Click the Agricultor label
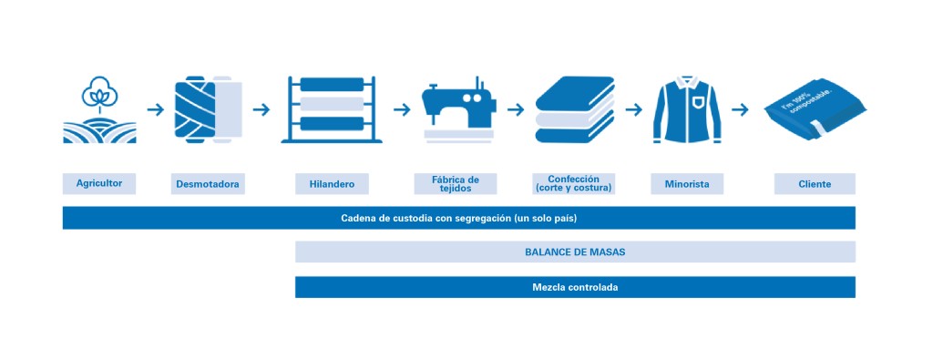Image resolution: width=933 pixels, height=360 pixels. point(99,182)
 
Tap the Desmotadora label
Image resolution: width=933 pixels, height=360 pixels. point(209,184)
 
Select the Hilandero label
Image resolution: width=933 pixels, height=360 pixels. point(332,184)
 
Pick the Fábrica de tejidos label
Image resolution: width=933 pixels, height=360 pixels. point(456,183)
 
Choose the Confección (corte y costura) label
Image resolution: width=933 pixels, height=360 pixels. point(574,183)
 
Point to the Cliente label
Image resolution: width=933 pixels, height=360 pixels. point(815,184)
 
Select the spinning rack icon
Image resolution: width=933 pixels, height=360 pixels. point(332,109)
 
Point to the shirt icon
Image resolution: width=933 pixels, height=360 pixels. point(688,109)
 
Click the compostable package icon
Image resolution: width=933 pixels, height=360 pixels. point(813,111)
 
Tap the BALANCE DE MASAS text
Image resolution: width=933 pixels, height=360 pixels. point(575,252)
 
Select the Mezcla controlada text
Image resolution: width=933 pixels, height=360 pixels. point(575,287)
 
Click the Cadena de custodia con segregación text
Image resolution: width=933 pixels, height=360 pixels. point(459,218)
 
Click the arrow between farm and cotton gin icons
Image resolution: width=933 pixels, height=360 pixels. point(155,109)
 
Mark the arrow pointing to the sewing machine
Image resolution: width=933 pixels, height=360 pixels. point(402,109)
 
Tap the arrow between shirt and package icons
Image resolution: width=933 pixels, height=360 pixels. point(740,109)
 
